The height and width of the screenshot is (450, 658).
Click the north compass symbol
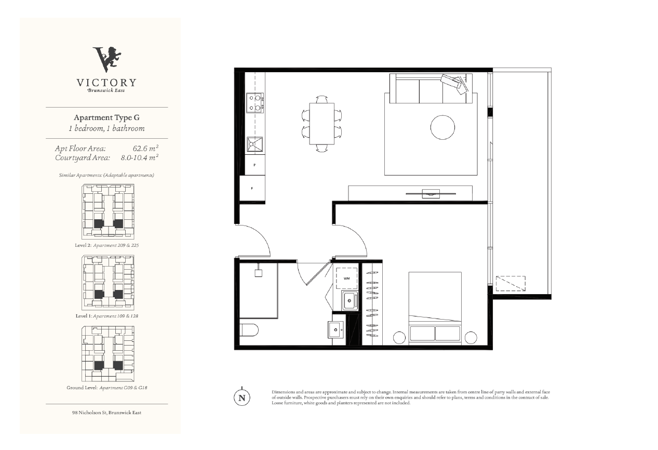pos(242,397)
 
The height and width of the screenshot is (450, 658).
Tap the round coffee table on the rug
pos(442,127)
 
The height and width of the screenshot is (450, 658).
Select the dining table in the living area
pos(321,124)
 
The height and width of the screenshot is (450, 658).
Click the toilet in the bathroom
pos(249,330)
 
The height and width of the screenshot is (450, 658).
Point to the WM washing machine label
pos(346,279)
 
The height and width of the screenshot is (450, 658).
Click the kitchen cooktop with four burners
pos(255,102)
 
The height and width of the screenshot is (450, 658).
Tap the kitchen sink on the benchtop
pos(254,144)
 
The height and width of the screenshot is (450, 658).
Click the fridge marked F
pos(252,188)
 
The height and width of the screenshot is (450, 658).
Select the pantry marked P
pos(254,165)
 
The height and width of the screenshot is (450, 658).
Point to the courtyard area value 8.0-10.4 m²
pos(140,157)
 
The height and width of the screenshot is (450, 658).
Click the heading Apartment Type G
pos(106,117)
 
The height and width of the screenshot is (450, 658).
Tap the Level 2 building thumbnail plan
pos(108,211)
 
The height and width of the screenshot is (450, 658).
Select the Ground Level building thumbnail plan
pos(108,353)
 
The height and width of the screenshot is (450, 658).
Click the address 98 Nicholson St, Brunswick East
pos(106,413)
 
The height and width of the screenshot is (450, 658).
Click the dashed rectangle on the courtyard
pos(511,283)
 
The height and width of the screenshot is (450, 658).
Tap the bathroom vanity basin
pos(336,329)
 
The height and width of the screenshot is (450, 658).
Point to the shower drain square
pos(258,273)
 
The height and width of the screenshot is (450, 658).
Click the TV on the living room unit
pos(431,194)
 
